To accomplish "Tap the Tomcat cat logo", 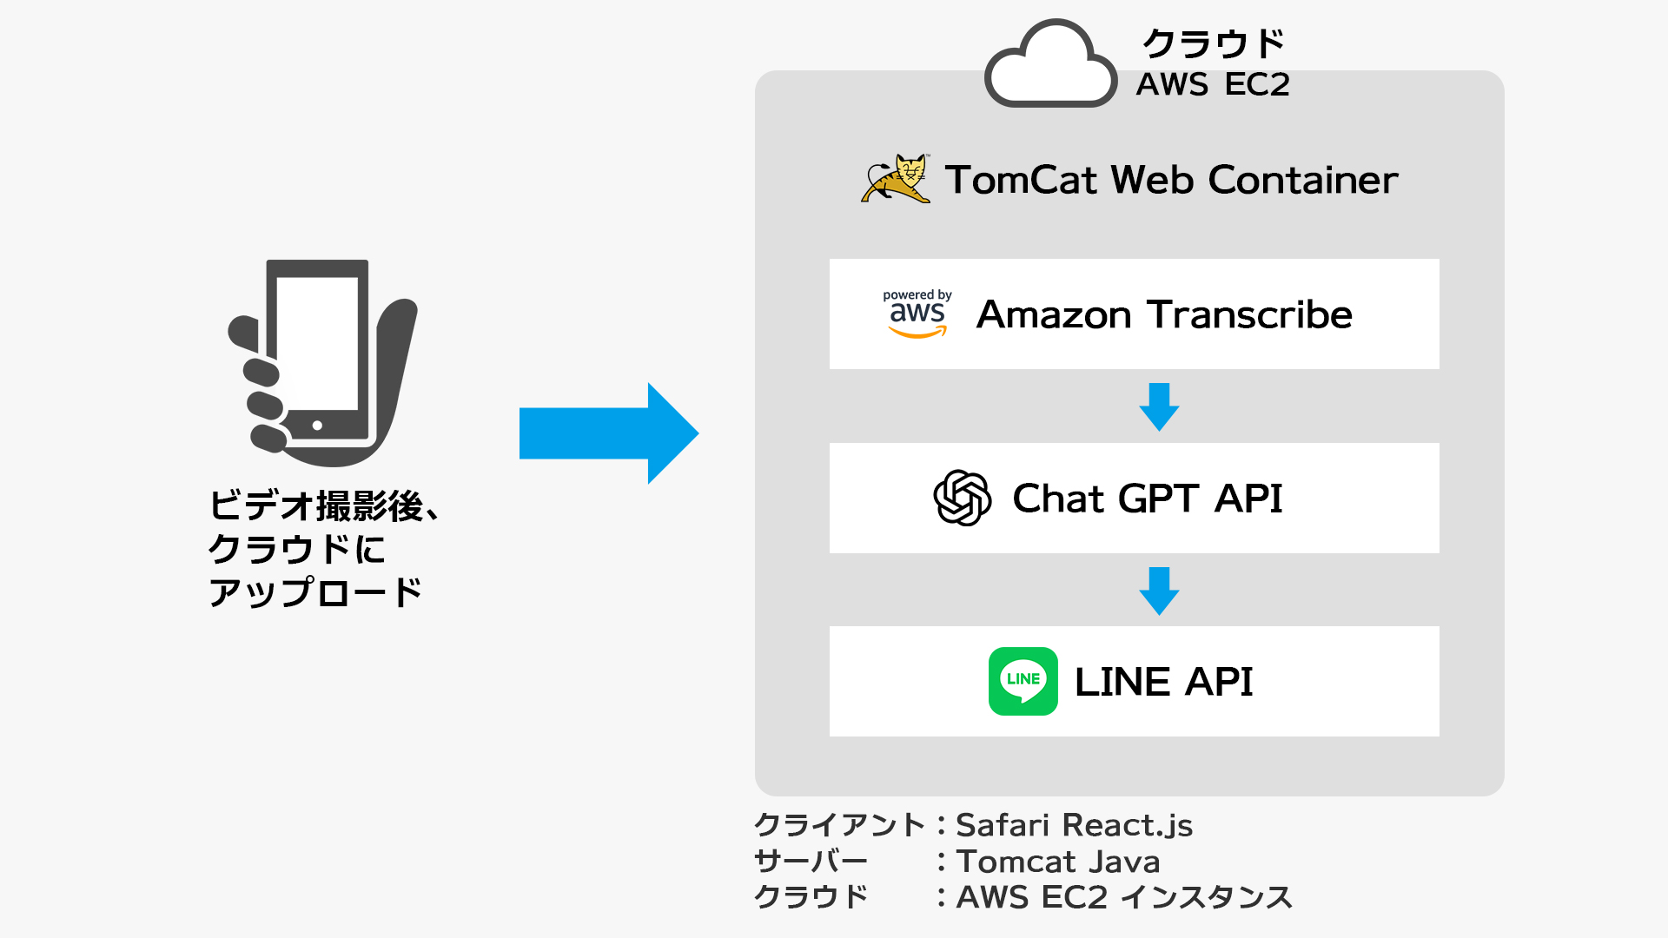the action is (896, 179).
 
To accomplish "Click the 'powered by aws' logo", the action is (917, 314).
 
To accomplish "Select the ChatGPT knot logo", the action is (962, 498).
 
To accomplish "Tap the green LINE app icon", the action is (1023, 681).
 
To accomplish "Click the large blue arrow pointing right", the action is (609, 433).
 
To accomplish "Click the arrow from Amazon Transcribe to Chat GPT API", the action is (1159, 406).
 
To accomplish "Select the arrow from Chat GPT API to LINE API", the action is (1159, 591).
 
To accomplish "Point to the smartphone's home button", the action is (317, 426).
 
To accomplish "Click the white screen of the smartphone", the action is (317, 343).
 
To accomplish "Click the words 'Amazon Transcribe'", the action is (1164, 314).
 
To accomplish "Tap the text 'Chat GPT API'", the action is (1148, 499).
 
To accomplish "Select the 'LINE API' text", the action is (1163, 682).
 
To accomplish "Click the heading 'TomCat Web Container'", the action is (1171, 180).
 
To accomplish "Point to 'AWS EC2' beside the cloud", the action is (1213, 84).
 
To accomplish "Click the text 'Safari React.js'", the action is (1074, 825).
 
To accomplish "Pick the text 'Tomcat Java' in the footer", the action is (1058, 862).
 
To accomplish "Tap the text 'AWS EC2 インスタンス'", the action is (1124, 897).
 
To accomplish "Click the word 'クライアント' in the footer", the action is (839, 825).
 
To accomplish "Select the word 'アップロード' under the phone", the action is (315, 593).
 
